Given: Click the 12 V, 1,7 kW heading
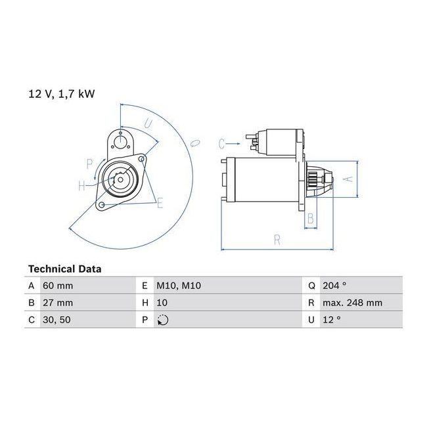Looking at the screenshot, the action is click(x=62, y=94).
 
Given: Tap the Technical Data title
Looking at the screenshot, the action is click(x=65, y=269).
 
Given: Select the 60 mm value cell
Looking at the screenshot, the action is click(x=58, y=286).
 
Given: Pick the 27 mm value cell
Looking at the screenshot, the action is click(x=58, y=303).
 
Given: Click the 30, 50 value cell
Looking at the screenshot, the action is click(x=56, y=320).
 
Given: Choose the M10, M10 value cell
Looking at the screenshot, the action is click(x=179, y=286).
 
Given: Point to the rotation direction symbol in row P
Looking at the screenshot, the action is click(x=163, y=320).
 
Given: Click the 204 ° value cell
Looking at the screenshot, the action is click(x=334, y=285).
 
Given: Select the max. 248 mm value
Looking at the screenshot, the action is click(x=352, y=303).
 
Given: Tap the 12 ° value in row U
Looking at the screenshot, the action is click(x=332, y=320).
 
